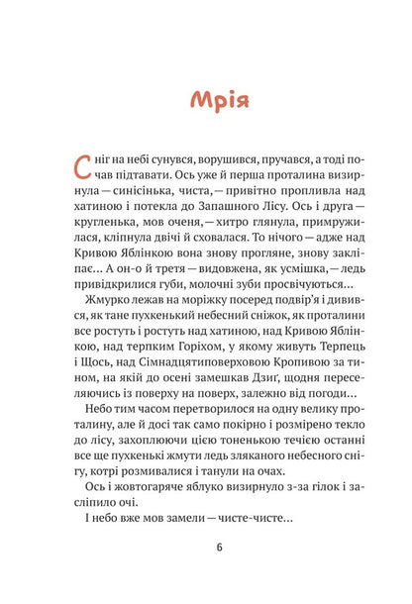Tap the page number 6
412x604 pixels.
click(206, 571)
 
